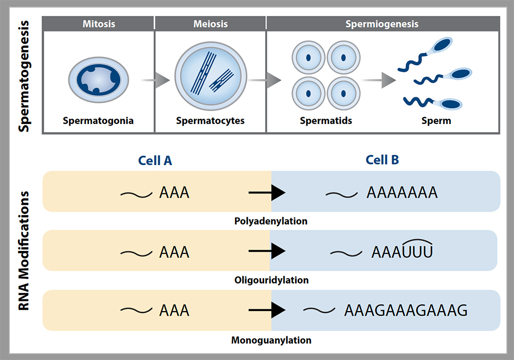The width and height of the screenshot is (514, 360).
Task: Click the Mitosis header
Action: (99, 24)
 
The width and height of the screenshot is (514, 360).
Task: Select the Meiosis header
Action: (210, 24)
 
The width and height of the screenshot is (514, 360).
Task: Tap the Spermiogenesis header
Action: (381, 24)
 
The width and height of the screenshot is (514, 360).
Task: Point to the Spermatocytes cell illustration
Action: (210, 77)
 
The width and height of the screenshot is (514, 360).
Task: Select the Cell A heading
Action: (155, 160)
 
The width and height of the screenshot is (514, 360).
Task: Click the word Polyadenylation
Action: (270, 221)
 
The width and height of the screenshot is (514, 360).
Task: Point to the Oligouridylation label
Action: (270, 280)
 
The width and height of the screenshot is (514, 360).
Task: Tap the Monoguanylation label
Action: (271, 340)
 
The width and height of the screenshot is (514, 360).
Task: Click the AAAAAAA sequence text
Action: (402, 193)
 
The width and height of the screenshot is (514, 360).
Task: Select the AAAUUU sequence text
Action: (402, 252)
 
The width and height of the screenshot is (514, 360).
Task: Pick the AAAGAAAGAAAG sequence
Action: (406, 311)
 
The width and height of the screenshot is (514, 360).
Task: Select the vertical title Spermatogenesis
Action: (24, 76)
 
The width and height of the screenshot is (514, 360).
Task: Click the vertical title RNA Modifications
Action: (24, 252)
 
